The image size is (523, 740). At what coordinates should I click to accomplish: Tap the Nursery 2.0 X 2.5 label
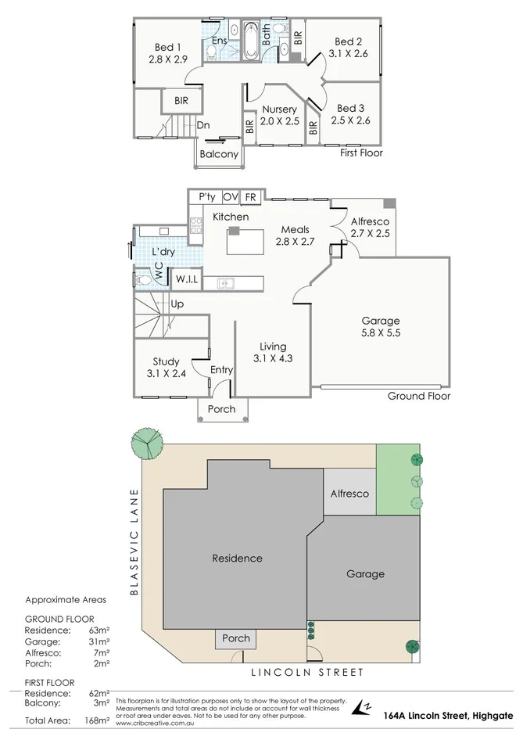click(279, 115)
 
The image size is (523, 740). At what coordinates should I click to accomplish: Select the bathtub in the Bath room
click(252, 41)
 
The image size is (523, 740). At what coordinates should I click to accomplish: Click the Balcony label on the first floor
click(219, 154)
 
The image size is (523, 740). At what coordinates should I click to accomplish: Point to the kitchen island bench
click(242, 242)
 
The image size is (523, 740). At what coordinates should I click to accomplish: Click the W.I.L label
click(186, 279)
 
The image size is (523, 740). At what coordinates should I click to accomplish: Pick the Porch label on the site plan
click(236, 638)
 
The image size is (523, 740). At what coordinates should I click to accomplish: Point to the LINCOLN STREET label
click(307, 672)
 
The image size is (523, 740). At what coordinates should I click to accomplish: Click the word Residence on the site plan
click(237, 559)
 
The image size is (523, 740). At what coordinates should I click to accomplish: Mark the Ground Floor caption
click(419, 396)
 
